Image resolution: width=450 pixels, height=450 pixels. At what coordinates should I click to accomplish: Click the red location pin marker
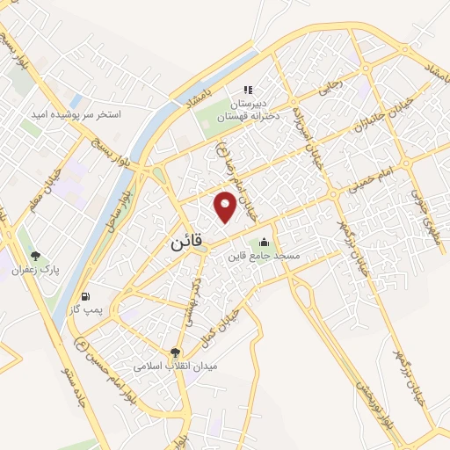pos(226,206)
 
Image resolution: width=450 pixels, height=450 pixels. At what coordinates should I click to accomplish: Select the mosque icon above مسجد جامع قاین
pos(265,243)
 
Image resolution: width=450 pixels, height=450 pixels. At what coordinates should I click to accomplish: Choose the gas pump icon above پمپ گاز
pos(85,296)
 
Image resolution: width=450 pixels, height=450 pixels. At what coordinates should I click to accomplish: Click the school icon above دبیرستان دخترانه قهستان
pos(247,90)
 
